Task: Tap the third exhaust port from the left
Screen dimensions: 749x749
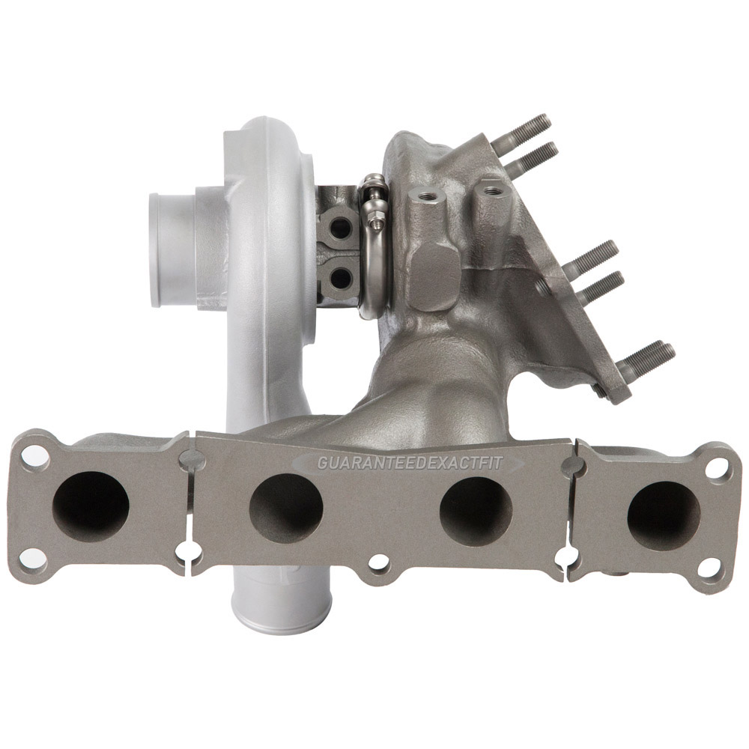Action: point(476,512)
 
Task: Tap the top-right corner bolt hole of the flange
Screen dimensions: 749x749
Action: point(717,470)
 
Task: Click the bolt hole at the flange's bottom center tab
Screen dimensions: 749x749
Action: point(380,582)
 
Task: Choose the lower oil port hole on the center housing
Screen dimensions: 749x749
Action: point(341,278)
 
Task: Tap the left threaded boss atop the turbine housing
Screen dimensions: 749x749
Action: point(428,196)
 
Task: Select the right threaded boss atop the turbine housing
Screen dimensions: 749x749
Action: point(492,191)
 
